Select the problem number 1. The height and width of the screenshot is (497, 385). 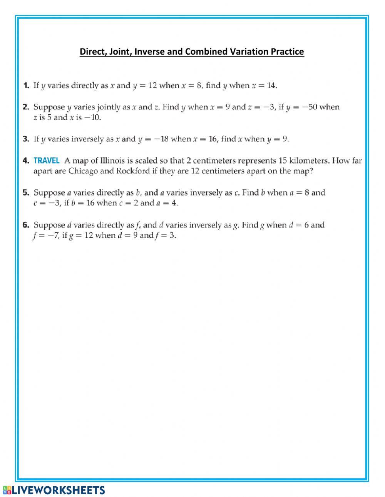pos(26,85)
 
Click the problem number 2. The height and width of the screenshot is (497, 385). pos(26,107)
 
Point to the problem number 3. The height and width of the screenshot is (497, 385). pos(26,139)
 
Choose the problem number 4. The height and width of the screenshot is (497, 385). pos(26,161)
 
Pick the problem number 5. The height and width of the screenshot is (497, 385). pos(26,192)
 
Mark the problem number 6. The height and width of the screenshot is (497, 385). pos(26,225)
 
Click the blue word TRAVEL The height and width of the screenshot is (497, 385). pos(47,161)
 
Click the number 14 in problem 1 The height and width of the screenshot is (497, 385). pos(271,85)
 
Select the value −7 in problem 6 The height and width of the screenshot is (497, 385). pos(53,236)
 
